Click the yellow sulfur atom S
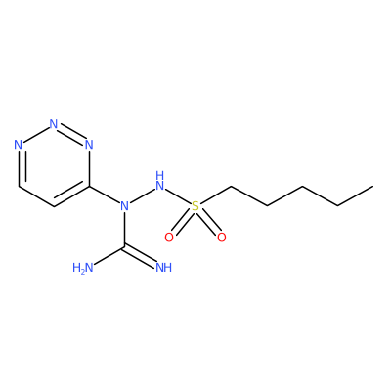pos(195,206)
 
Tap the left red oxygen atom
pos(169,238)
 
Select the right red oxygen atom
pos(222,238)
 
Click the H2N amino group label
pos(83,268)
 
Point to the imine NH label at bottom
pos(163,268)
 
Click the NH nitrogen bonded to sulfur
pos(159,181)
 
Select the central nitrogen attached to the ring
pos(124,206)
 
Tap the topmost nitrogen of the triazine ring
pos(54,124)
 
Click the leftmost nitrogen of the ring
pos(19,145)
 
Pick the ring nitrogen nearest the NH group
pos(89,145)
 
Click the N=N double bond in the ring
pos(71,133)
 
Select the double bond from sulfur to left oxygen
pos(182,222)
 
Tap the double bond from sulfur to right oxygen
pos(209,222)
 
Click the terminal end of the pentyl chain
pos(373,186)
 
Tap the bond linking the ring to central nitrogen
pos(105,195)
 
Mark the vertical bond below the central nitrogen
pos(124,230)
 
